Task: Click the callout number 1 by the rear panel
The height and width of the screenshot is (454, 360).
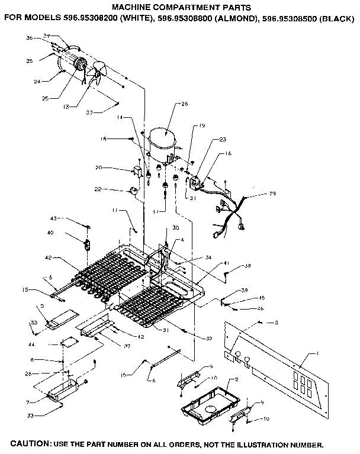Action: point(317,353)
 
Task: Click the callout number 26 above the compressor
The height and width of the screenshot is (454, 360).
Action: point(184,104)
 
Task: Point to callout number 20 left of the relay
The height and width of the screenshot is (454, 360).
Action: point(99,168)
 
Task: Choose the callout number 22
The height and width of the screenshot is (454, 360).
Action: point(98,189)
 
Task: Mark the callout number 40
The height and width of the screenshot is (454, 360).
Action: point(51,233)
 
